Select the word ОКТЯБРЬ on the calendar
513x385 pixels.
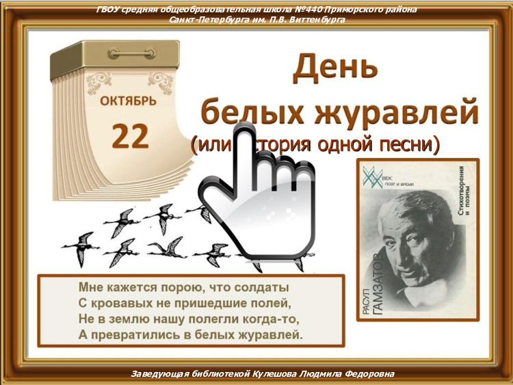coord(128,102)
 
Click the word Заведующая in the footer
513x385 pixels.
coord(160,374)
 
